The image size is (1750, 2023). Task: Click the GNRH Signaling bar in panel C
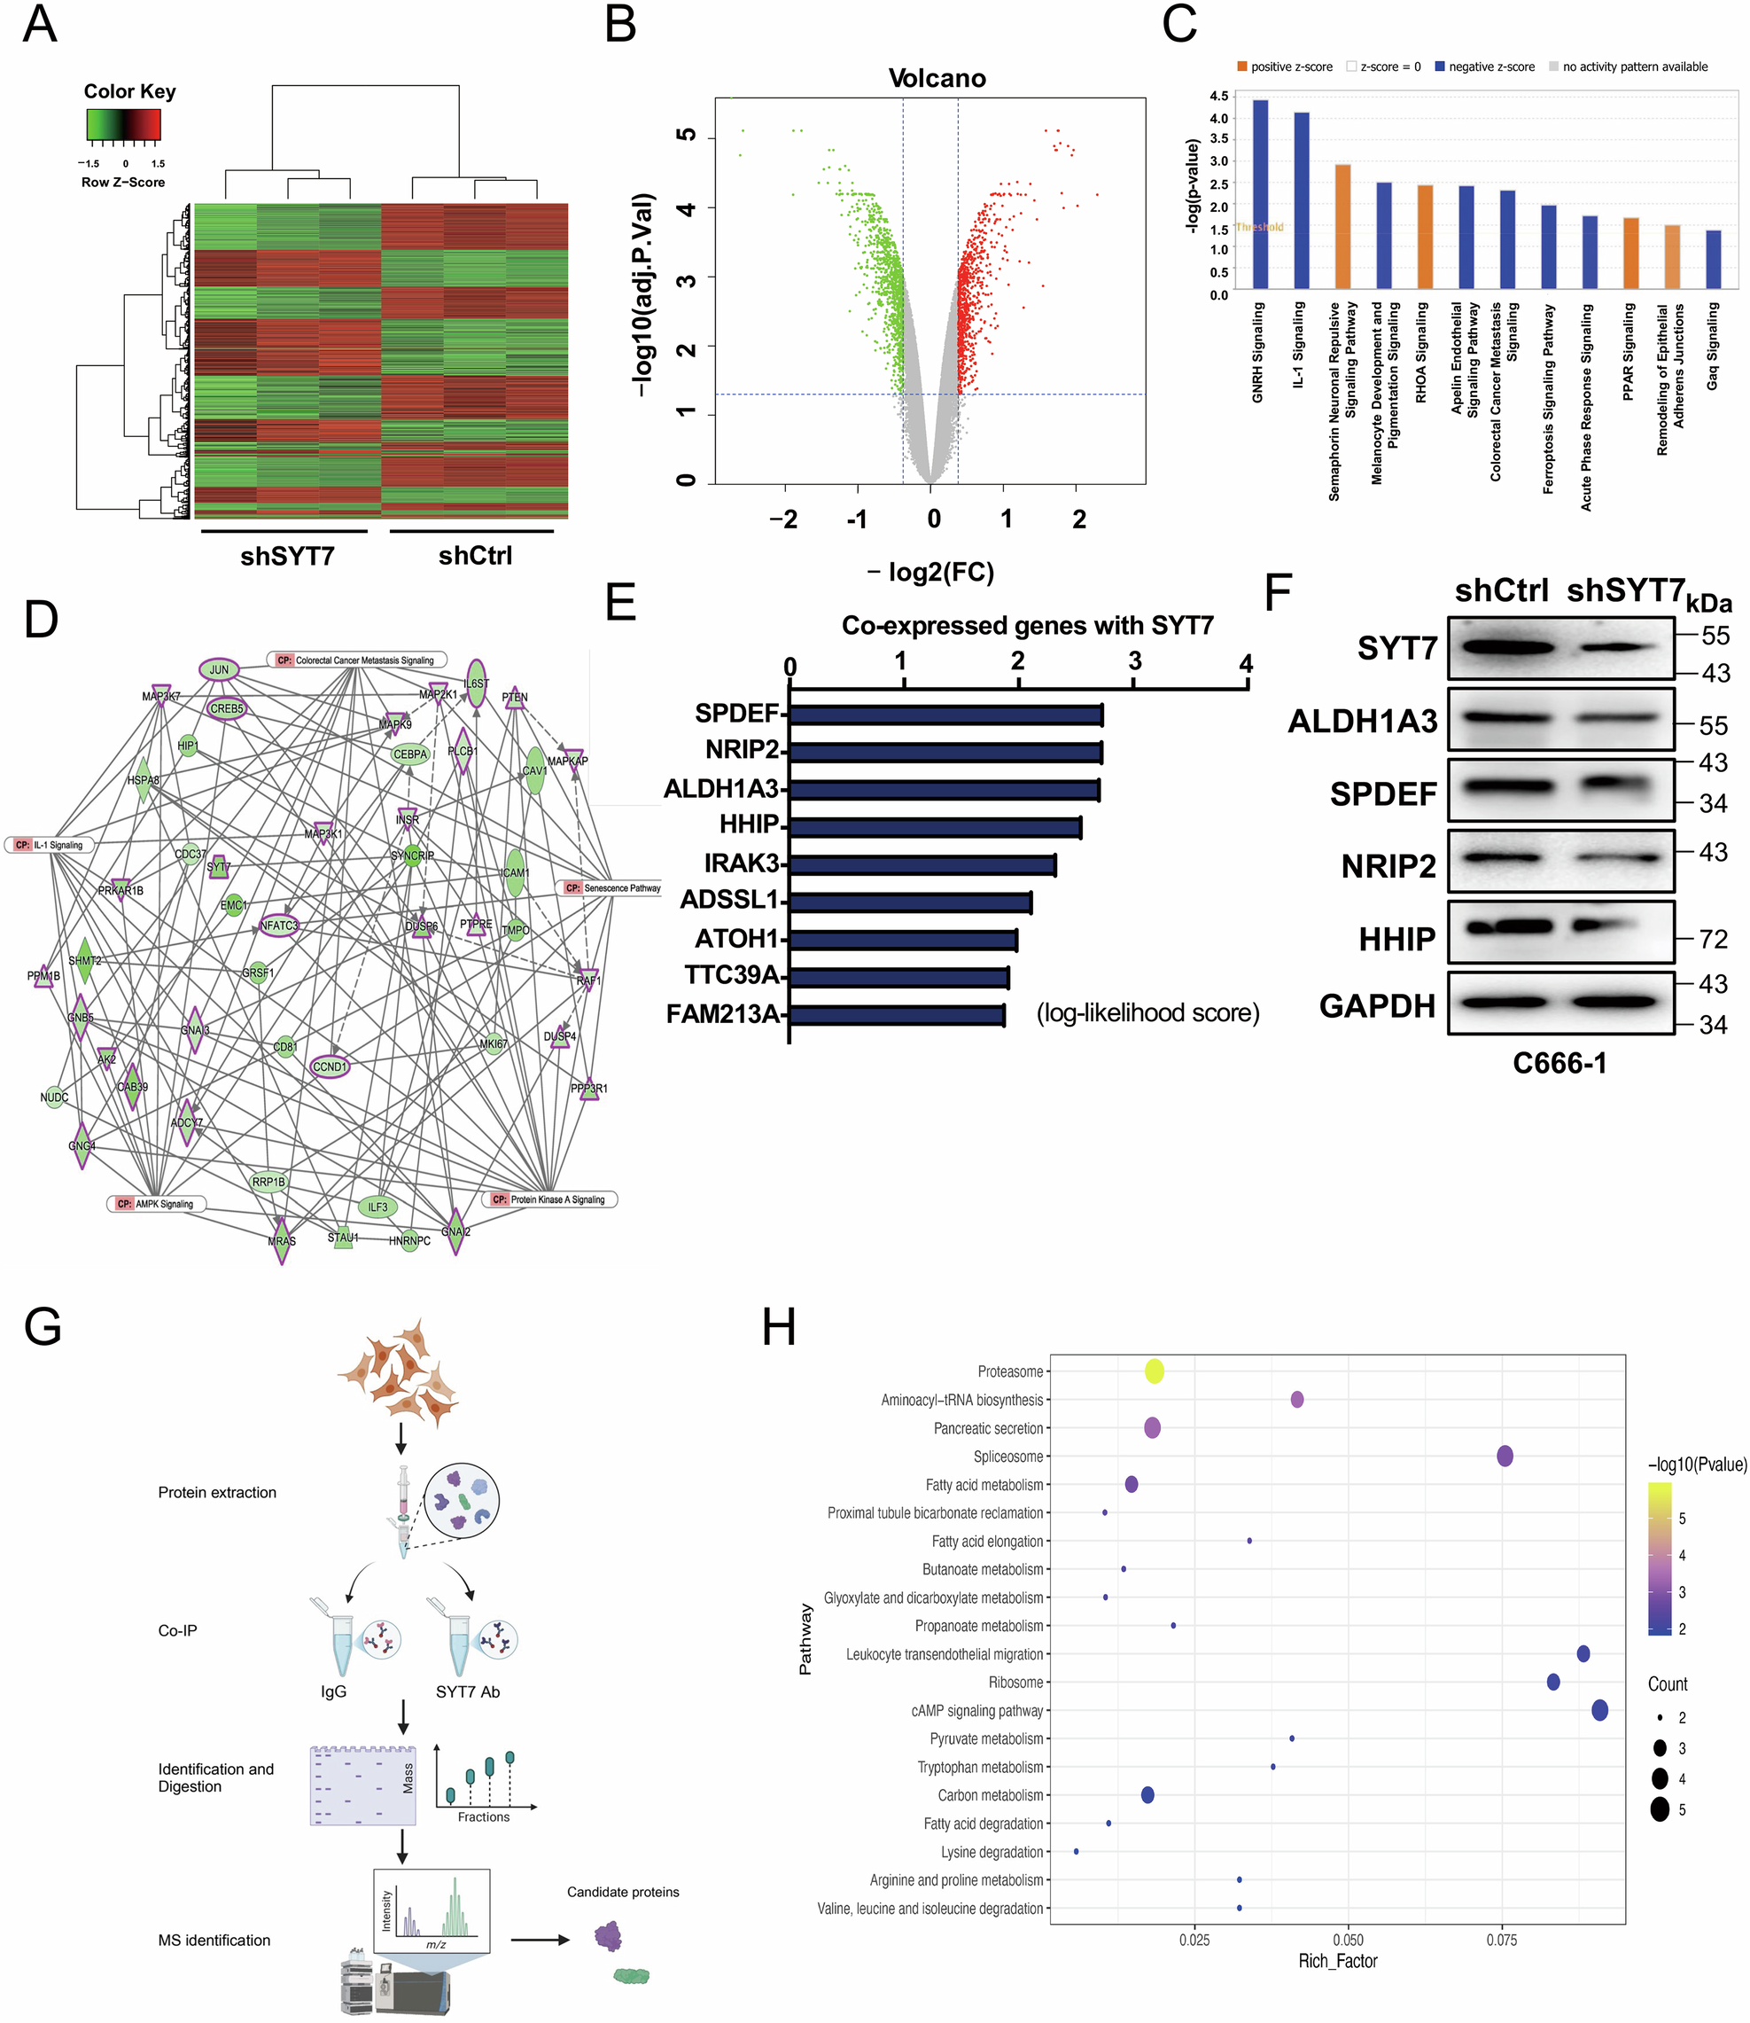(x=1260, y=194)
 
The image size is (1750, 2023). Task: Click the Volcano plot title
(x=937, y=78)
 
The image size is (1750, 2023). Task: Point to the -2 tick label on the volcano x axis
(x=783, y=519)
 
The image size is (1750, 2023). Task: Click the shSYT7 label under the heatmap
(x=287, y=556)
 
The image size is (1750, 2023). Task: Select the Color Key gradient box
(x=123, y=124)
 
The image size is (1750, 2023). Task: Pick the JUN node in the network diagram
(x=219, y=670)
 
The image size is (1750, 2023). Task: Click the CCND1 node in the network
(x=329, y=1066)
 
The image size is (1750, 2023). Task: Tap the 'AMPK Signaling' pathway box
(x=156, y=1204)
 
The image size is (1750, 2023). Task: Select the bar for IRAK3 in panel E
(x=922, y=864)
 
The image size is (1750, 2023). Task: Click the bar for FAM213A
(x=897, y=1015)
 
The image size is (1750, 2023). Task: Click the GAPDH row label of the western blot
(x=1376, y=1005)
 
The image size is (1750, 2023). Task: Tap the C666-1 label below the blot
(x=1559, y=1063)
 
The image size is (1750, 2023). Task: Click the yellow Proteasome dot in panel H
(x=1155, y=1371)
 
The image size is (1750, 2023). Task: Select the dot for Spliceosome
(x=1504, y=1457)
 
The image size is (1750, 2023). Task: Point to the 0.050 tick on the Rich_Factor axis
(x=1348, y=1939)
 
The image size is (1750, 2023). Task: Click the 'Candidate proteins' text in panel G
(x=623, y=1892)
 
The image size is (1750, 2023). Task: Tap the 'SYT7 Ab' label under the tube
(x=468, y=1691)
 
